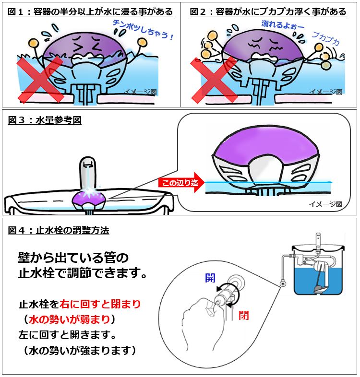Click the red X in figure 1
coord(40,79)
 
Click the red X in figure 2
coord(214,80)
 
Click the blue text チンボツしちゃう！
coord(143,30)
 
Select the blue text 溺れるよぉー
coord(283,24)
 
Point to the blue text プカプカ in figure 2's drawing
coord(326,38)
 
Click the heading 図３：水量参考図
coord(45,120)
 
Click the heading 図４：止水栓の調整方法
coord(59,230)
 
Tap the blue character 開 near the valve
coord(210,278)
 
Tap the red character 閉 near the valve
coord(243,315)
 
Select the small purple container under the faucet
coord(89,200)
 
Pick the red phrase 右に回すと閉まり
coord(100,304)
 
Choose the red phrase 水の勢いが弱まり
coord(69,319)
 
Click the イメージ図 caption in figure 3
coord(325,204)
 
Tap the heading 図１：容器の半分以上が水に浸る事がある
coord(90,12)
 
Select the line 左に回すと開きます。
coord(68,335)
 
